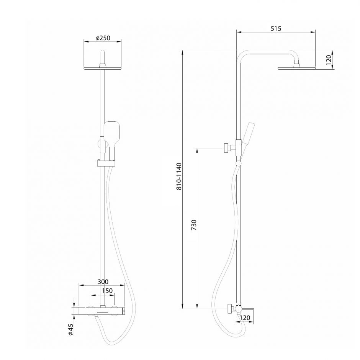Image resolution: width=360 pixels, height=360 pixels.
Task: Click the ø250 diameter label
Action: [102, 38]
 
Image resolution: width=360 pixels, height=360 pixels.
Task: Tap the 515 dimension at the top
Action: [276, 29]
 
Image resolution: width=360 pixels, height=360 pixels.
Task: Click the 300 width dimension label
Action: [103, 281]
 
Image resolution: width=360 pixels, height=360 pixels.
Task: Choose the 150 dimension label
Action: [107, 291]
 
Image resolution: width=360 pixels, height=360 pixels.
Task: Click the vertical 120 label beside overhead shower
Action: [329, 60]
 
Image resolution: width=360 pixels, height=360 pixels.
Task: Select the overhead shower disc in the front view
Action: [102, 69]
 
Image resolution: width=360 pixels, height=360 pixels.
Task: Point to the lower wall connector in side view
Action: [231, 308]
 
